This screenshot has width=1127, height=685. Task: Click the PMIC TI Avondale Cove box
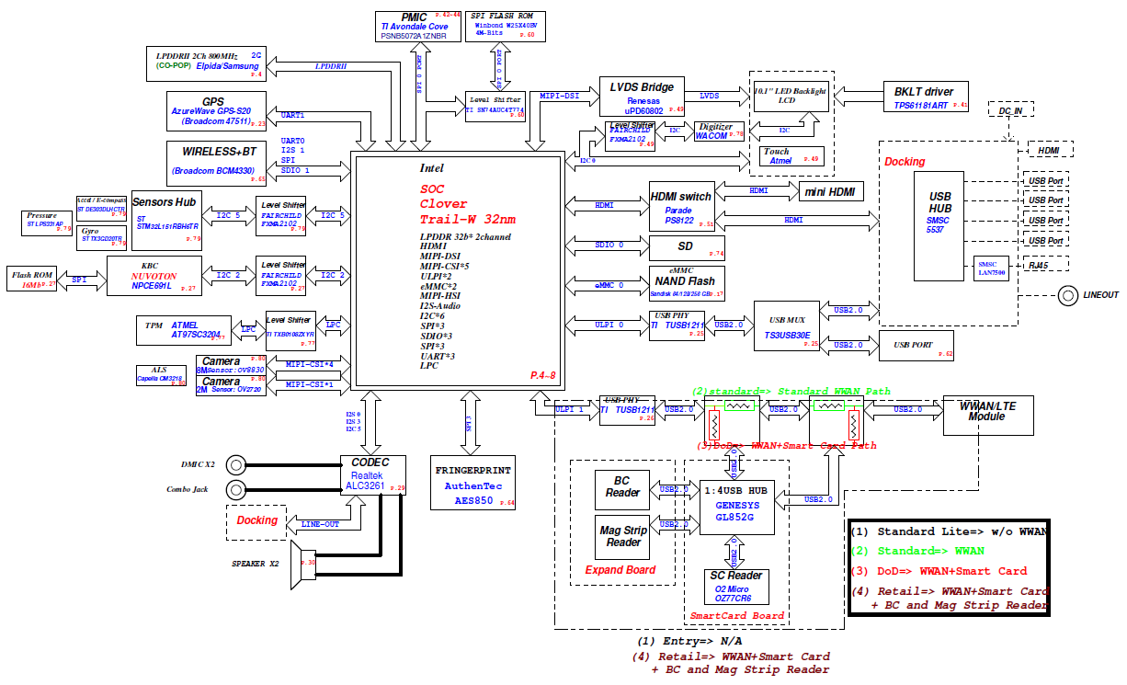coord(418,25)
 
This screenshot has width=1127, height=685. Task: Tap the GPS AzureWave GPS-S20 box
coord(217,110)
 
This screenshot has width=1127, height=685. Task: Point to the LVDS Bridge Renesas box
coord(643,97)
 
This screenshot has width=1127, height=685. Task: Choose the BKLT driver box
coord(923,97)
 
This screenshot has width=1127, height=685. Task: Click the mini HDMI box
coord(830,191)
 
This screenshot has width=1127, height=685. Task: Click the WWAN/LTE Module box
coord(986,417)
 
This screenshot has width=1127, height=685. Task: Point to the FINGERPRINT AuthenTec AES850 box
coord(473,482)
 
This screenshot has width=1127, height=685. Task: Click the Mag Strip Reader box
coord(623,536)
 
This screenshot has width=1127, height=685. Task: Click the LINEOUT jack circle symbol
coord(1068,295)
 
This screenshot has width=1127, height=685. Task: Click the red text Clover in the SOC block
coord(444,203)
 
